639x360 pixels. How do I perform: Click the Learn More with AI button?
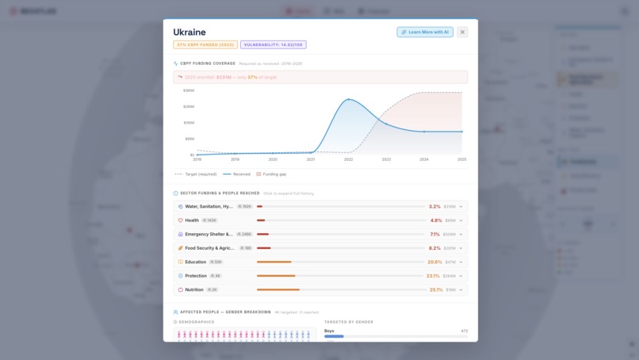click(x=425, y=33)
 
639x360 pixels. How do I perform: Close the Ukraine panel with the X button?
click(x=462, y=33)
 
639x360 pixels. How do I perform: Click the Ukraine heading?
click(x=189, y=33)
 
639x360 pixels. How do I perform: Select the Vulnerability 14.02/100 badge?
click(x=274, y=45)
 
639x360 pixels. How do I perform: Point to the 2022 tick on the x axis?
click(x=348, y=159)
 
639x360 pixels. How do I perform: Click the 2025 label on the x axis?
click(x=461, y=159)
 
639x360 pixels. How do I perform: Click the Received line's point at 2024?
click(x=424, y=132)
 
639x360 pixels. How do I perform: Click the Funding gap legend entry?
click(x=271, y=174)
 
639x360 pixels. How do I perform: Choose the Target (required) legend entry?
click(x=197, y=174)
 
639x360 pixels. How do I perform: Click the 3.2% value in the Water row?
click(x=434, y=206)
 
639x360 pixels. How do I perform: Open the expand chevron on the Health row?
click(x=461, y=220)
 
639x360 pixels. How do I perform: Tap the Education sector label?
click(x=195, y=262)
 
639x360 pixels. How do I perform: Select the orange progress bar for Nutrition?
click(x=277, y=290)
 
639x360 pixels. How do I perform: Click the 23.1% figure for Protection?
click(x=433, y=276)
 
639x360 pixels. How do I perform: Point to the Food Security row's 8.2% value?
click(x=434, y=248)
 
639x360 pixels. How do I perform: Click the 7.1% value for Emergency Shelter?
click(x=434, y=234)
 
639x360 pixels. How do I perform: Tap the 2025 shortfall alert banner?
click(x=320, y=77)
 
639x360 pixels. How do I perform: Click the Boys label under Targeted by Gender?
click(x=329, y=331)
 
